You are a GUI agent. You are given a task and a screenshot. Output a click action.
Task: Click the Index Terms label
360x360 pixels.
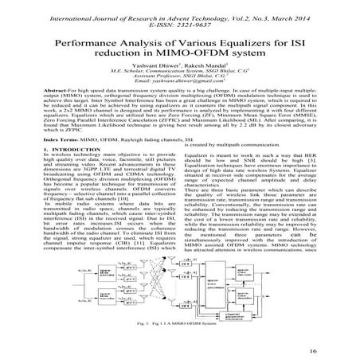click(66, 161)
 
